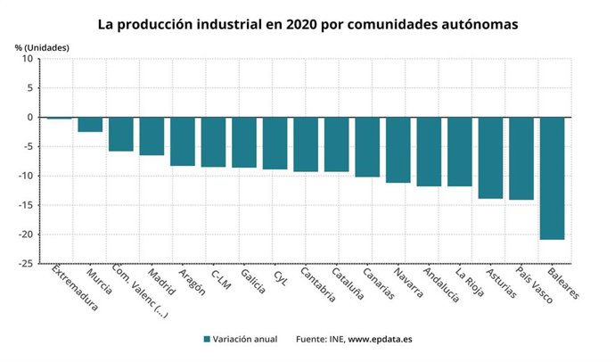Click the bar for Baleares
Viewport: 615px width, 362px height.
(x=552, y=178)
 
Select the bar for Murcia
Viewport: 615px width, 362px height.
(x=90, y=125)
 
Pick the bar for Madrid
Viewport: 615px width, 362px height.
(x=152, y=136)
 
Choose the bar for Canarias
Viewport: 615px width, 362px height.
(x=367, y=147)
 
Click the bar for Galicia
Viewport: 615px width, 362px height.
(x=244, y=143)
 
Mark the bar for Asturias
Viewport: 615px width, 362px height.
(x=490, y=158)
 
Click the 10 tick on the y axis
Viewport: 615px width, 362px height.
(x=27, y=59)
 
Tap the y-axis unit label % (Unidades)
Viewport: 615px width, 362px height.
(x=41, y=46)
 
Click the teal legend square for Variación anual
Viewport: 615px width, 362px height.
(x=207, y=340)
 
